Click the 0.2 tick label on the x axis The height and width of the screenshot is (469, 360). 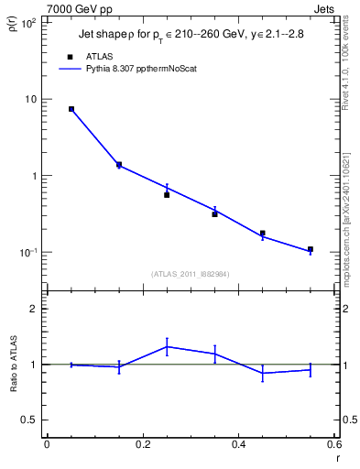click(x=142, y=447)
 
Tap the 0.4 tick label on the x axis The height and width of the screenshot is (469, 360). click(x=238, y=447)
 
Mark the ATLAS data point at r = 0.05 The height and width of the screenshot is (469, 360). click(x=71, y=109)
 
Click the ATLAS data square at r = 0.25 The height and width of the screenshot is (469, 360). click(x=167, y=195)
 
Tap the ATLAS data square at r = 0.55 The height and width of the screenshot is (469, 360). click(x=311, y=249)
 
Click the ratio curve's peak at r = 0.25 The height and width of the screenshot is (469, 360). click(x=167, y=346)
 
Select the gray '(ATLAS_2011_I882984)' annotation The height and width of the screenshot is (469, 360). click(x=191, y=274)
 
